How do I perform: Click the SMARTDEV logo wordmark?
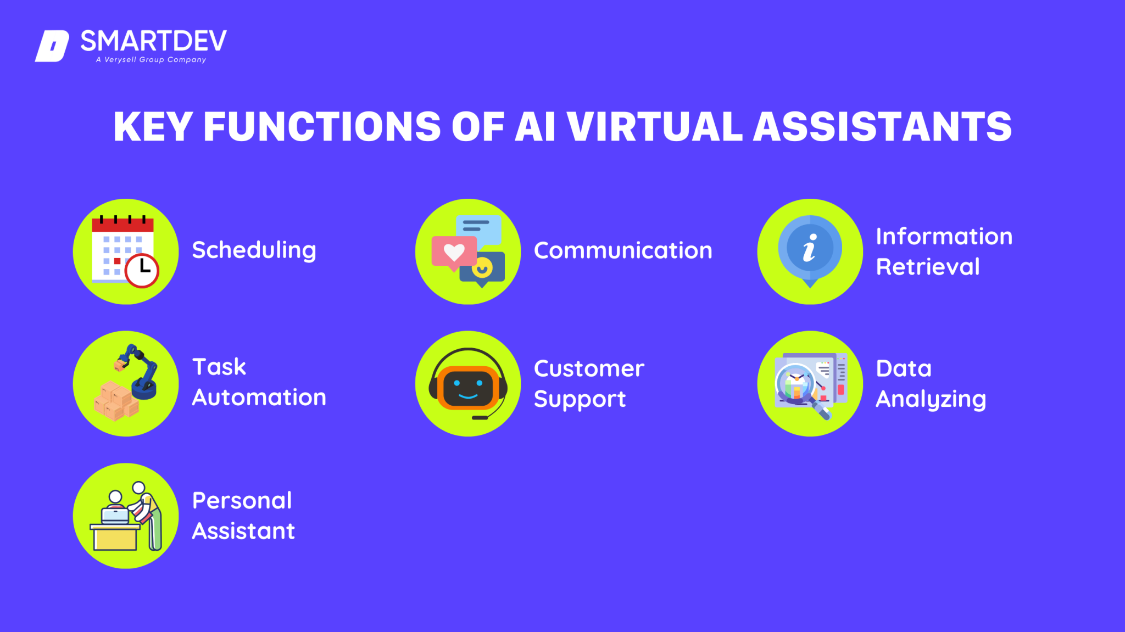153,41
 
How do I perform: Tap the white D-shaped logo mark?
52,46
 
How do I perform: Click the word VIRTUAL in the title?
654,127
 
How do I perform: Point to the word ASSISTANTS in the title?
882,127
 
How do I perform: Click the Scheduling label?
254,250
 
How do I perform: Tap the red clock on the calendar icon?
142,270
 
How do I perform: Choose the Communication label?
623,250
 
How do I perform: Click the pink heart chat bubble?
454,253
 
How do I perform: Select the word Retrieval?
928,267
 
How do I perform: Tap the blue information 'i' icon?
810,248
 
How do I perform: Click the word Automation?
259,398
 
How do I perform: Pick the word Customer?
589,368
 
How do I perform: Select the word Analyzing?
931,399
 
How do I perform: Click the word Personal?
242,501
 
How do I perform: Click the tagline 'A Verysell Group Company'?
151,60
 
